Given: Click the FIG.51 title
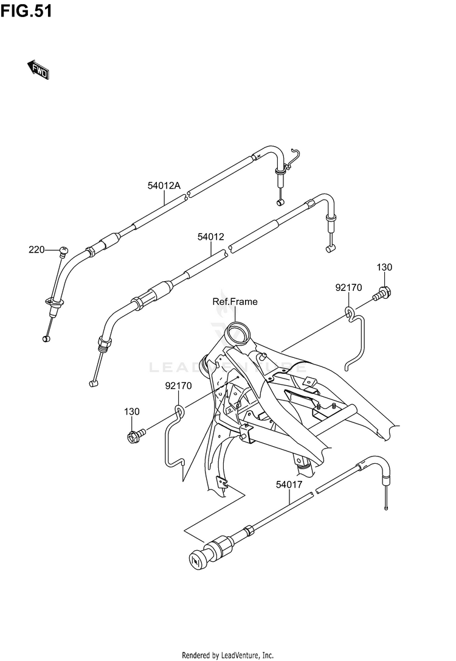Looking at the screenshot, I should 26,12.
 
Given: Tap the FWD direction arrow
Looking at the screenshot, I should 38,69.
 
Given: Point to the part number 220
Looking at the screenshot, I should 37,250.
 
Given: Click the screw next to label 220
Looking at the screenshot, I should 63,250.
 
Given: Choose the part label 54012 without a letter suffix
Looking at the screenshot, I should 211,236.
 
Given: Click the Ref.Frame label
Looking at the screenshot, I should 235,301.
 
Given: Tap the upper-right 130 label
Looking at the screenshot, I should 384,267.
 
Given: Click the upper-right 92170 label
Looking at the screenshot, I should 348,287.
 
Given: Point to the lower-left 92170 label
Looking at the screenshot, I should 178,386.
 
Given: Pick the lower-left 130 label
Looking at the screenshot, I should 132,412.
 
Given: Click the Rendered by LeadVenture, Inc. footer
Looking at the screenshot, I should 228,655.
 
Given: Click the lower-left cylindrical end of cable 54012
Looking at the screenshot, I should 93,383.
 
